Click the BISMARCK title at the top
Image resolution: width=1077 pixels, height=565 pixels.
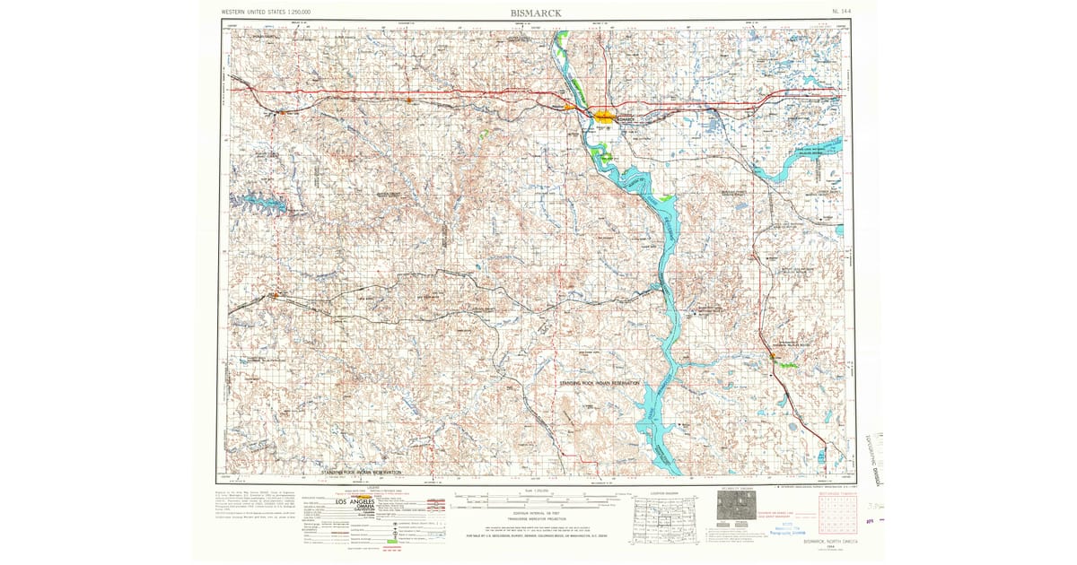pos(536,13)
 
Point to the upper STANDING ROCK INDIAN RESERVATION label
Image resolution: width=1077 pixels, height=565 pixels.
pos(588,383)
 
